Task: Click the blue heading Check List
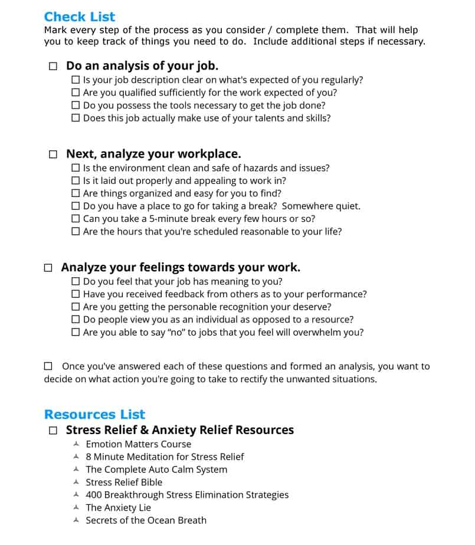click(80, 17)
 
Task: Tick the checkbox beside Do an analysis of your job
click(53, 67)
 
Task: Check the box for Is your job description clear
click(76, 80)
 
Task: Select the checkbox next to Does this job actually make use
click(76, 118)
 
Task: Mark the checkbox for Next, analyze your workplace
click(53, 155)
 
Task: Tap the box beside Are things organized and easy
click(76, 193)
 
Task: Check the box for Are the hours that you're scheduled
click(76, 232)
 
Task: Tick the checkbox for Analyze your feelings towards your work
click(48, 268)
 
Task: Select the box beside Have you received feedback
click(76, 294)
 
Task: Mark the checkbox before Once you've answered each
click(48, 366)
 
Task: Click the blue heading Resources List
click(94, 414)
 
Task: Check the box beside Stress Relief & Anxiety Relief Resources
click(53, 431)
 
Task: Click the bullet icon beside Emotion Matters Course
click(76, 444)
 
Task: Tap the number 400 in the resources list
click(94, 495)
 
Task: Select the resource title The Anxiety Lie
click(118, 508)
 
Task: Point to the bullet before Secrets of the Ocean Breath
click(76, 520)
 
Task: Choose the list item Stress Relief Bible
click(124, 482)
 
